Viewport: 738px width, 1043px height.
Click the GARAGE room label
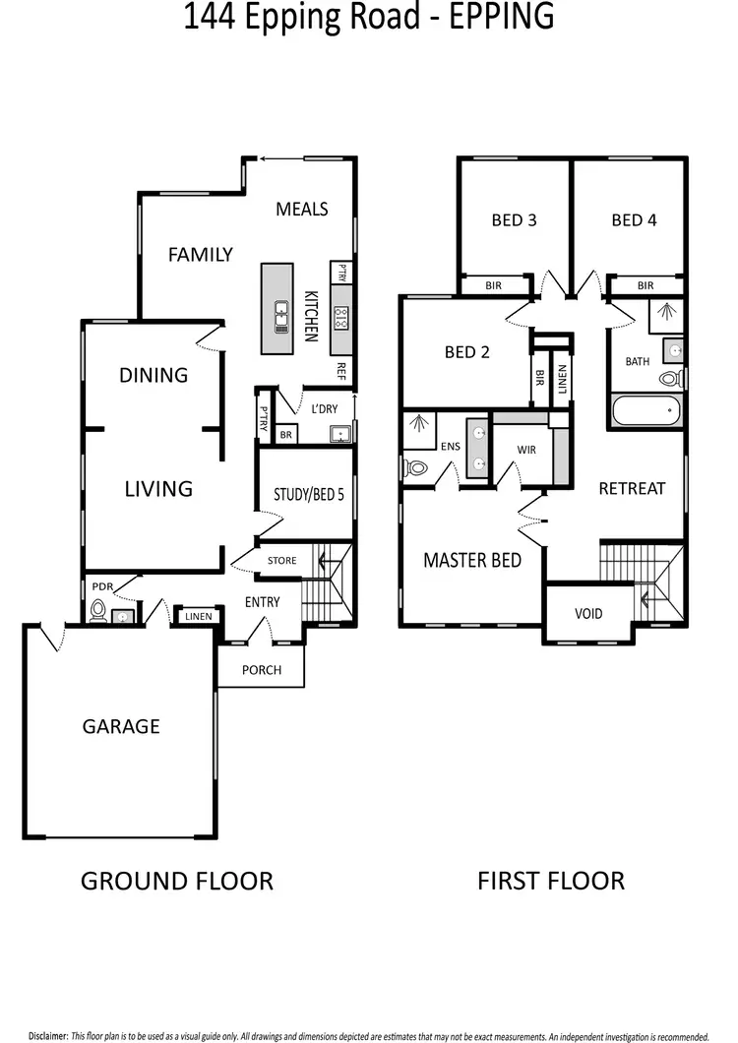pyautogui.click(x=121, y=727)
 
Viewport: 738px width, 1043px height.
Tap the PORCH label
pyautogui.click(x=261, y=670)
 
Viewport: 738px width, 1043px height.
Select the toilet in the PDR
pyautogui.click(x=97, y=612)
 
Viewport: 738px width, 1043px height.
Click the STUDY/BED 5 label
pyautogui.click(x=308, y=495)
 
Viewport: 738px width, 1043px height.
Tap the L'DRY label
pyautogui.click(x=326, y=408)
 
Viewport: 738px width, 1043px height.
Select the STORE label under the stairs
pyautogui.click(x=281, y=561)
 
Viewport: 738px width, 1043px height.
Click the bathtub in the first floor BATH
pyautogui.click(x=646, y=409)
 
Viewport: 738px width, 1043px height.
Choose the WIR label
pyautogui.click(x=526, y=450)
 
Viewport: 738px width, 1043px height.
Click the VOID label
pyautogui.click(x=588, y=614)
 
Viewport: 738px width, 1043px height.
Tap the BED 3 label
pyautogui.click(x=514, y=220)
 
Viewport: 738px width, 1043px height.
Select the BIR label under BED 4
pyautogui.click(x=646, y=285)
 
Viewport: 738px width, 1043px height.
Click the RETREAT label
pyautogui.click(x=632, y=488)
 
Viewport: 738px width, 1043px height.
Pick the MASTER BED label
pyautogui.click(x=471, y=560)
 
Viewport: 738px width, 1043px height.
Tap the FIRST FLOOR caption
pyautogui.click(x=551, y=880)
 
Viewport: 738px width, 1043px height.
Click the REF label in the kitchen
pyautogui.click(x=341, y=371)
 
